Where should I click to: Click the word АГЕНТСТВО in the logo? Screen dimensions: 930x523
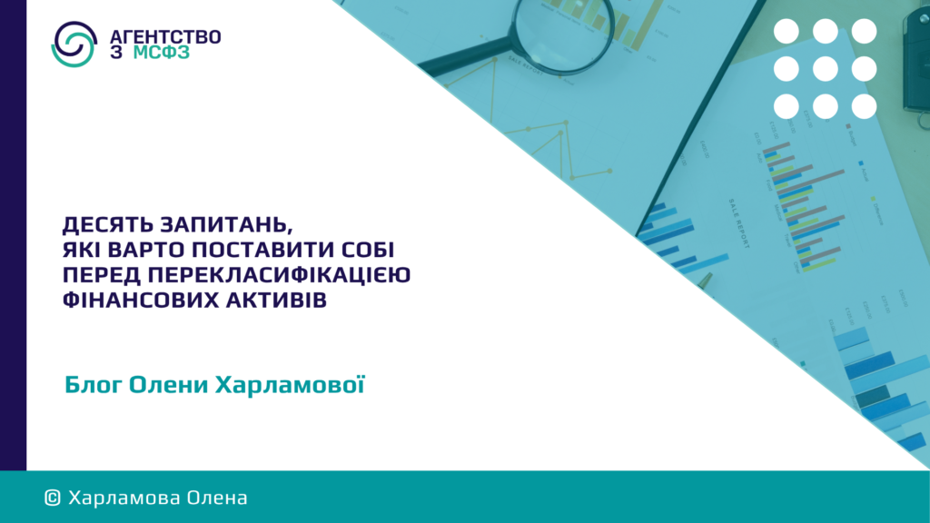[165, 36]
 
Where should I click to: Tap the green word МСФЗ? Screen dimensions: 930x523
[162, 52]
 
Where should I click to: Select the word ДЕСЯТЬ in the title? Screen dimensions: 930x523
[108, 225]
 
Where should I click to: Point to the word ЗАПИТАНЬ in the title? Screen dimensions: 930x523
[226, 225]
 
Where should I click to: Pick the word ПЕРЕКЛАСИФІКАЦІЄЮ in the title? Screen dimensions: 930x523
[280, 275]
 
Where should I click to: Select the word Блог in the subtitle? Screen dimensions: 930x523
[94, 385]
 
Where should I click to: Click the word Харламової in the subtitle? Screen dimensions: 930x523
[290, 384]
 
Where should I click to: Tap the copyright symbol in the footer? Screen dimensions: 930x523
[52, 498]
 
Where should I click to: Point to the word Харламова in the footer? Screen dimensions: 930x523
[124, 498]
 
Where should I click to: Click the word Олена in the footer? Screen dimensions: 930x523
[217, 498]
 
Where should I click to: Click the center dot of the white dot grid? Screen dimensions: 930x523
[825, 69]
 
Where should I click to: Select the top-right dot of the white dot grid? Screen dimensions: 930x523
[865, 31]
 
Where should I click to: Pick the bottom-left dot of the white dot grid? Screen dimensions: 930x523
[787, 107]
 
